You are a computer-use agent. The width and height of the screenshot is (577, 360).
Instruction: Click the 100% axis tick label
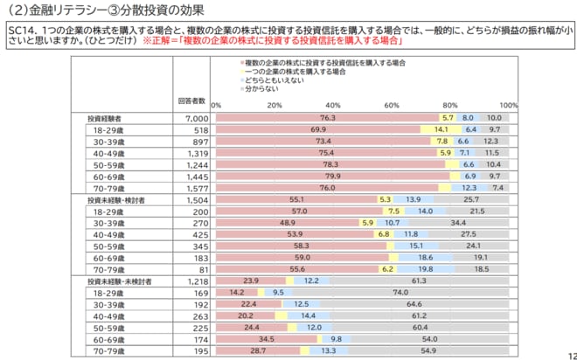point(511,105)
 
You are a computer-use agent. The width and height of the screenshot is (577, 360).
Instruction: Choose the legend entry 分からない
point(262,89)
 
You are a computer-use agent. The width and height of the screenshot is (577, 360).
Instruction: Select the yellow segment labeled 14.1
point(441,128)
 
